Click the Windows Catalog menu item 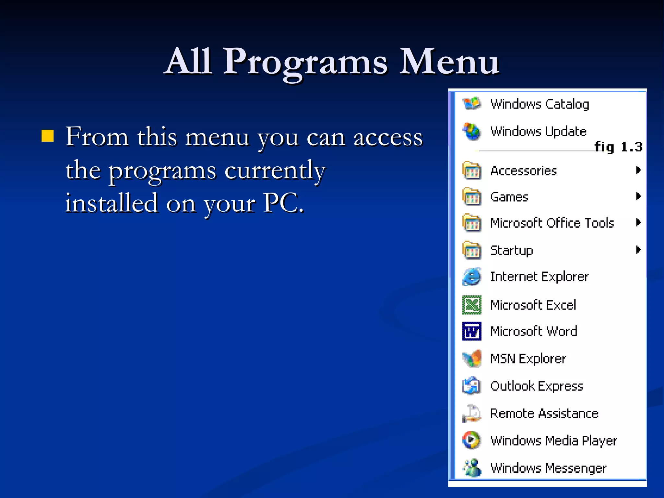[x=539, y=104]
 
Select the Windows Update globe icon [x=472, y=131]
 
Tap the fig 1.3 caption [x=618, y=147]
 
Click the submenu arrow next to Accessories [x=638, y=170]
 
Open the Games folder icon [x=472, y=196]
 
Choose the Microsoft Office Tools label [x=552, y=223]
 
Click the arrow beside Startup [x=638, y=250]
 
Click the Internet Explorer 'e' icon [x=472, y=277]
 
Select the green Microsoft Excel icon [x=472, y=305]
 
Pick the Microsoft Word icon [x=472, y=331]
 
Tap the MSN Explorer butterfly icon [x=472, y=359]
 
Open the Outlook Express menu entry [x=537, y=386]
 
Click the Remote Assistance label [x=544, y=413]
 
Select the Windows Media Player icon [x=472, y=440]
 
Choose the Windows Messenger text [x=548, y=468]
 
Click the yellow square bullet [x=48, y=136]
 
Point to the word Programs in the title [x=305, y=62]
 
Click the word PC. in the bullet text [x=283, y=203]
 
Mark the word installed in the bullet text [x=112, y=203]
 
